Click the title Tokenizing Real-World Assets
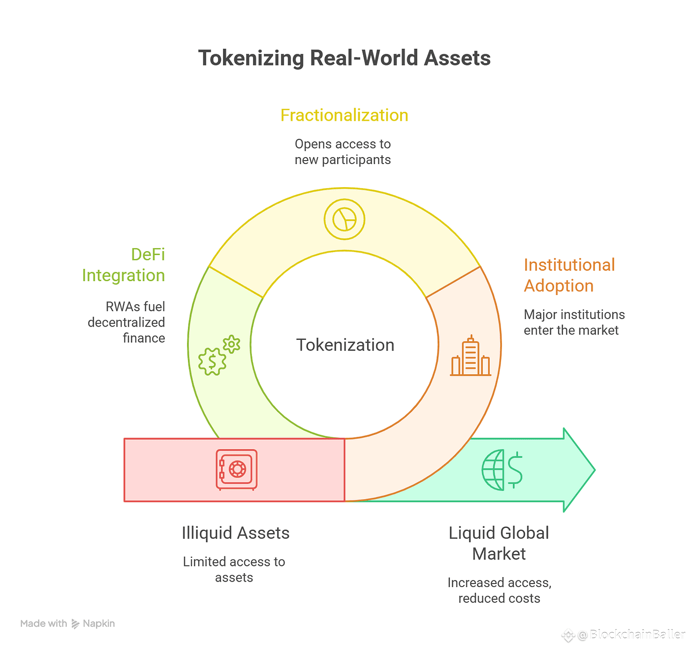[x=344, y=58]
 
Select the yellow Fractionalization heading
[x=344, y=115]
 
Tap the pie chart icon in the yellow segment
[x=344, y=219]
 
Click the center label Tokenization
[x=345, y=345]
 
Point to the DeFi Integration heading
[x=124, y=265]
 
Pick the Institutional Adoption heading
[x=569, y=275]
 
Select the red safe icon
[x=237, y=470]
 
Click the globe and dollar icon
[x=502, y=470]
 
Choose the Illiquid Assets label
[x=235, y=533]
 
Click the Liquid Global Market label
[x=499, y=543]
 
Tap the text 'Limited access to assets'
[x=234, y=569]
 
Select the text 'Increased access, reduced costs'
[x=499, y=590]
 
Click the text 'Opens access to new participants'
[x=343, y=152]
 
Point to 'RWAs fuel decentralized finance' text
[x=127, y=322]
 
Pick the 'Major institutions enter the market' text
[x=574, y=322]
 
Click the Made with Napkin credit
[x=67, y=623]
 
